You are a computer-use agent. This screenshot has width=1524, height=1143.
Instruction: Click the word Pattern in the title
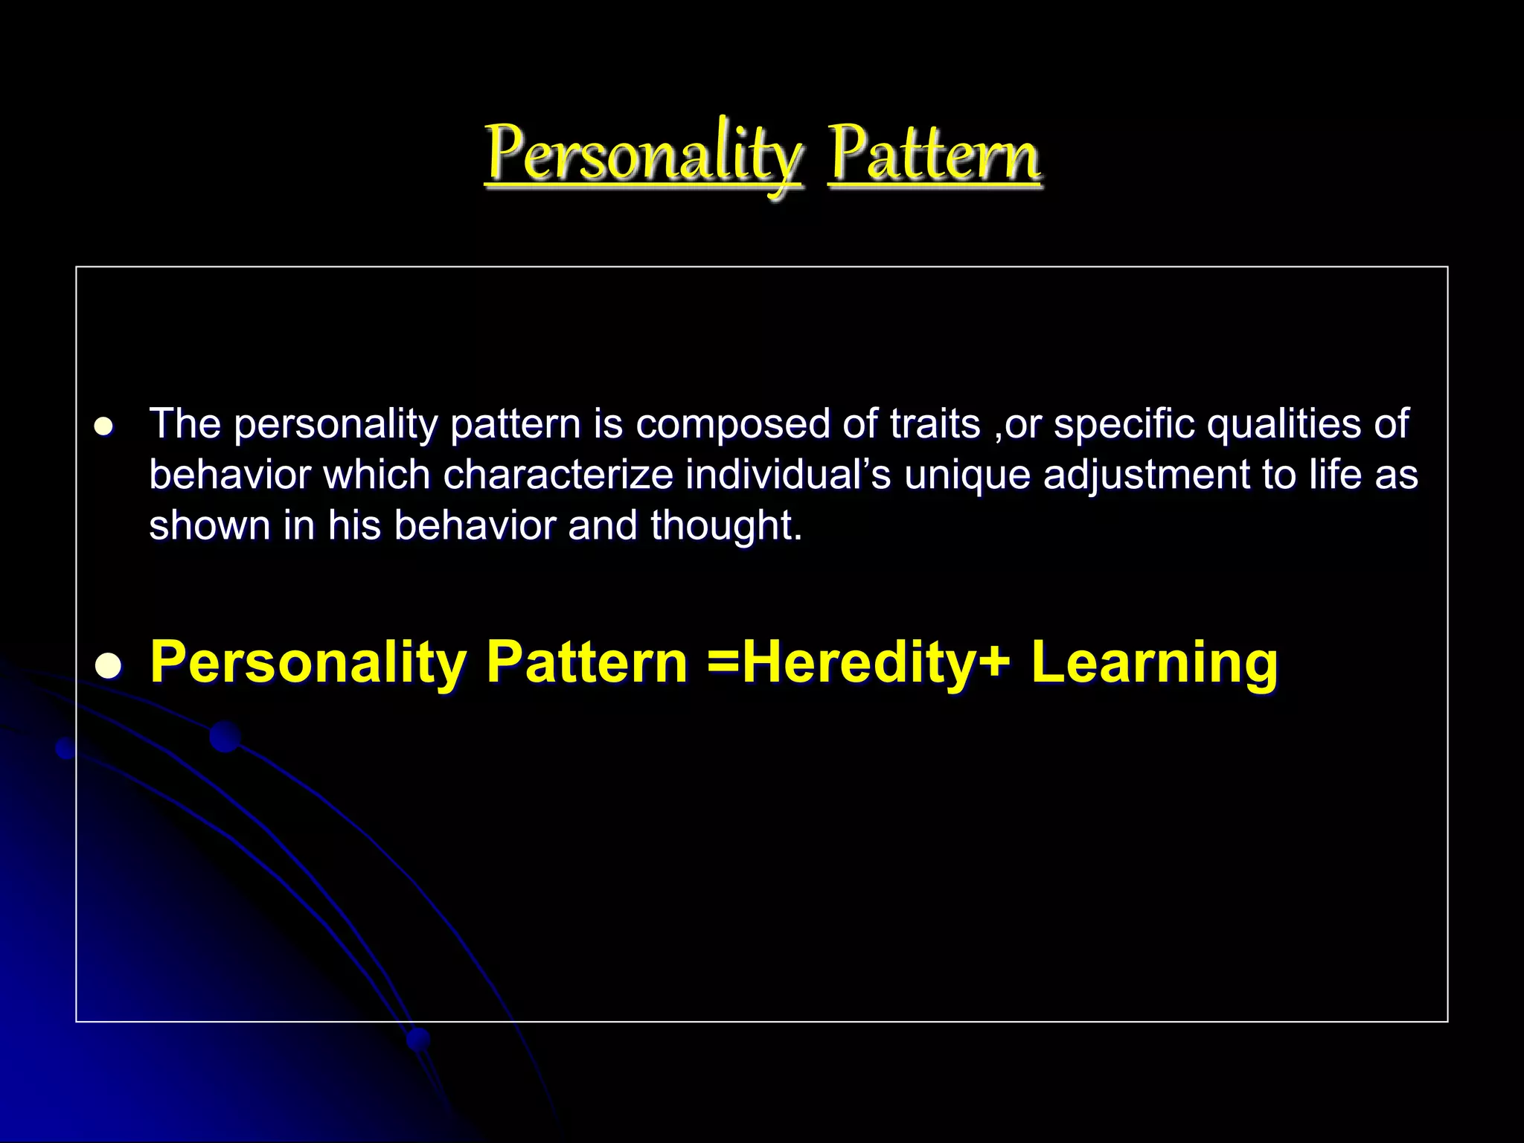934,155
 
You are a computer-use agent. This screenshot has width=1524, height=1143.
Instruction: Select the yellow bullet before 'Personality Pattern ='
108,665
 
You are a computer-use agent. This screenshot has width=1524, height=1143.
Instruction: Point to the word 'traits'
935,424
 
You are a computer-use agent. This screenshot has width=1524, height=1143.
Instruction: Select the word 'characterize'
558,475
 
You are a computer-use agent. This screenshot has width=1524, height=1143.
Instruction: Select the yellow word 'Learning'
1154,662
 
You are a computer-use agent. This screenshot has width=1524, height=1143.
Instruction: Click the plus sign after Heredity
993,662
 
